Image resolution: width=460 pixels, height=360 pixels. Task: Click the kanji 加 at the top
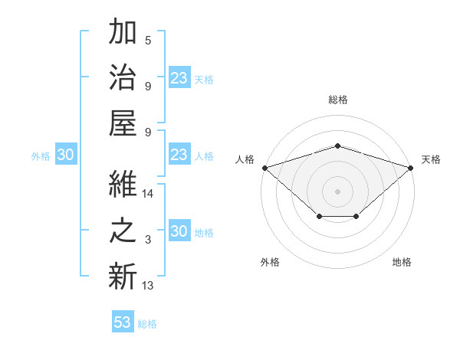tap(123, 34)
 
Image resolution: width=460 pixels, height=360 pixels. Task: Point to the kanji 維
tap(123, 186)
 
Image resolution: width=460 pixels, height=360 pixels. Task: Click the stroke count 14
tap(148, 195)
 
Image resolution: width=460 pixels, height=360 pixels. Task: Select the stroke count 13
tap(148, 285)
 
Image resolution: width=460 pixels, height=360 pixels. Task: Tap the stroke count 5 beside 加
tap(148, 41)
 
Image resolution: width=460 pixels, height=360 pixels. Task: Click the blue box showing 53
tap(123, 322)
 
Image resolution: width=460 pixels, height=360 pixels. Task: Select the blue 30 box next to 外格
tap(65, 155)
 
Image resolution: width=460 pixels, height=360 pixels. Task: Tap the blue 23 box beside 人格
tap(179, 155)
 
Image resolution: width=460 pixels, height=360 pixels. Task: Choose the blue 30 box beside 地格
tap(179, 232)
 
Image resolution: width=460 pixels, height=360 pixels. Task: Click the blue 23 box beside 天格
tap(179, 77)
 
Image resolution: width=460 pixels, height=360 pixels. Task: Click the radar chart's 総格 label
tap(338, 100)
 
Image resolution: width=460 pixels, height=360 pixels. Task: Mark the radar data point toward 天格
tap(411, 167)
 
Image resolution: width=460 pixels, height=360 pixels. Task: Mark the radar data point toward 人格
tap(264, 167)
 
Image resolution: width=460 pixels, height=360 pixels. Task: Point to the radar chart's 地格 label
tap(402, 263)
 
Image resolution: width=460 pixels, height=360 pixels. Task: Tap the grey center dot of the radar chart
tap(338, 191)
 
